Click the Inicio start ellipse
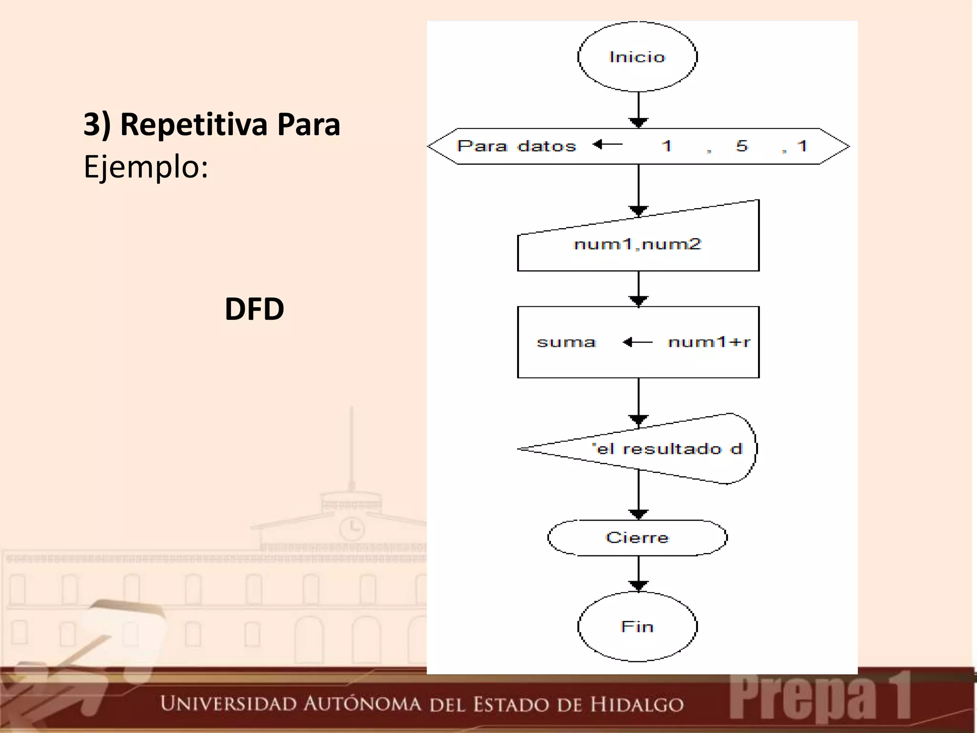[x=637, y=57]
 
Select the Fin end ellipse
[x=637, y=626]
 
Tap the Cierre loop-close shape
[x=637, y=538]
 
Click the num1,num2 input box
[x=638, y=244]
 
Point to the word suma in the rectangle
[x=566, y=342]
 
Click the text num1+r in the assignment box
[x=709, y=342]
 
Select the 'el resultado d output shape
[x=667, y=449]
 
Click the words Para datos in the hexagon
[x=517, y=146]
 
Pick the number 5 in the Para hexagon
[x=742, y=146]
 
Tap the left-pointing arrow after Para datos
[x=607, y=144]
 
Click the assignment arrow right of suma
[x=637, y=342]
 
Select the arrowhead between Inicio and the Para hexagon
[x=638, y=123]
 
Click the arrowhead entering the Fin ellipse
[x=638, y=586]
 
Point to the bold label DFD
[x=254, y=309]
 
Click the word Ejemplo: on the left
[x=146, y=167]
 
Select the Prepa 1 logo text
[x=820, y=698]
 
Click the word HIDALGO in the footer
[x=637, y=704]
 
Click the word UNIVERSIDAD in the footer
[x=228, y=703]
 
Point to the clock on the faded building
[x=352, y=528]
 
